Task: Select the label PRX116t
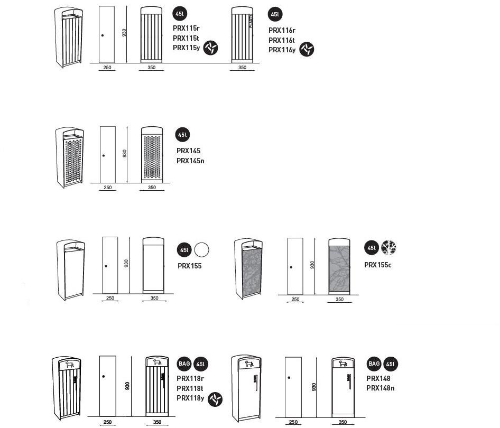tap(282, 40)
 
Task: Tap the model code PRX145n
tap(190, 161)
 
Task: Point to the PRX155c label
tap(377, 265)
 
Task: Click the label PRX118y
tap(190, 398)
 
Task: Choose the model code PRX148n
tap(381, 388)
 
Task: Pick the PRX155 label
tap(190, 266)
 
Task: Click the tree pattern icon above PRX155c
tap(388, 247)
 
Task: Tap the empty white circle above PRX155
tap(201, 249)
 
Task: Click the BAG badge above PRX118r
tap(184, 364)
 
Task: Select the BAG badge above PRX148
tap(374, 364)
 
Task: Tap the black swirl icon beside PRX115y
tap(211, 48)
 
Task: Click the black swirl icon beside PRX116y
tap(307, 50)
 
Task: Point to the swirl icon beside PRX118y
tap(215, 399)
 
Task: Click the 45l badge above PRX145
tap(182, 135)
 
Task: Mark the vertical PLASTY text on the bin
tap(251, 24)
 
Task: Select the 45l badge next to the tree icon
tap(371, 247)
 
